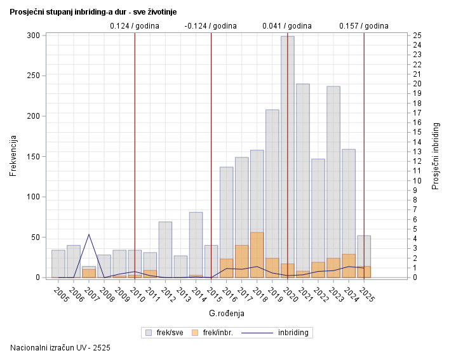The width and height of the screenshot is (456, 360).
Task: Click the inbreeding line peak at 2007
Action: pos(89,234)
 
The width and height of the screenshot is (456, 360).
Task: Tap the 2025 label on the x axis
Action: pos(366,295)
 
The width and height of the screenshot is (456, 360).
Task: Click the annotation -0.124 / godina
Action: pos(210,26)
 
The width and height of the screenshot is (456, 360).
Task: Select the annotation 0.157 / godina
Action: pos(363,26)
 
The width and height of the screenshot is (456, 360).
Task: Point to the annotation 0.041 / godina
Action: pos(287,26)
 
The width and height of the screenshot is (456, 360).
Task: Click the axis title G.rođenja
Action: pos(226,313)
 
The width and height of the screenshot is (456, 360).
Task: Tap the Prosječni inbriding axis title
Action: pos(436,156)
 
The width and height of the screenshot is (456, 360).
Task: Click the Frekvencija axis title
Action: pos(13,156)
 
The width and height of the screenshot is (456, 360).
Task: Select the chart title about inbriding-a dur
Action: pos(93,11)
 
